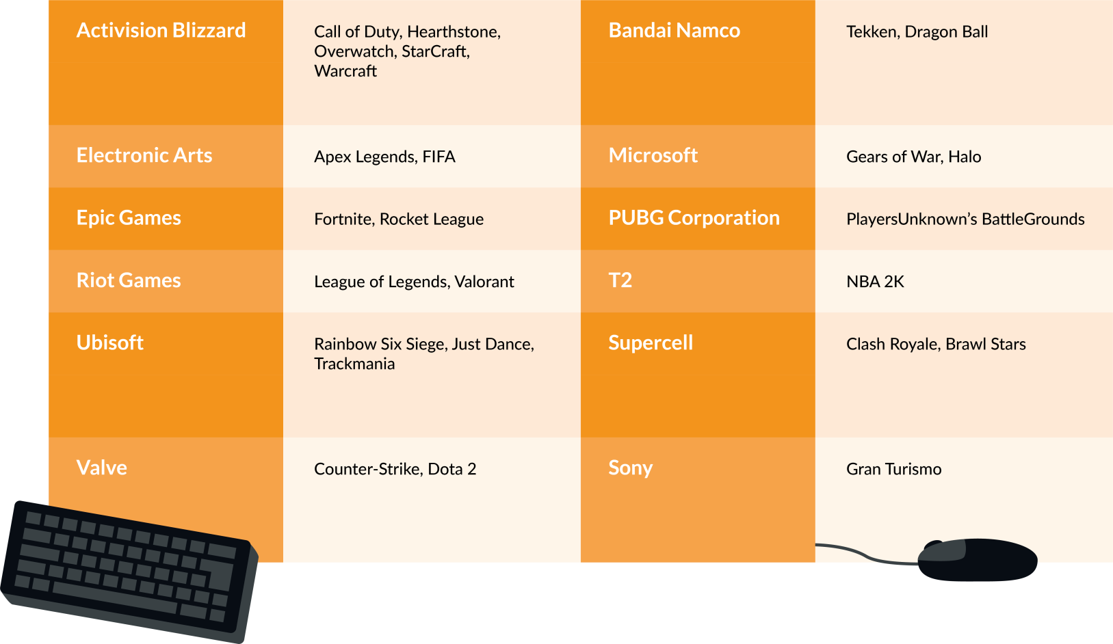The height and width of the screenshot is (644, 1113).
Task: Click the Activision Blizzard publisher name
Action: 161,30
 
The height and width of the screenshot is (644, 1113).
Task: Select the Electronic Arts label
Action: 144,155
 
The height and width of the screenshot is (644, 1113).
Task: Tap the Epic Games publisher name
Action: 129,219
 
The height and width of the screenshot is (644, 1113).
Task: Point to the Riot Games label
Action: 129,280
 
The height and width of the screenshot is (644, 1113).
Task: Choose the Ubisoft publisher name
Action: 110,343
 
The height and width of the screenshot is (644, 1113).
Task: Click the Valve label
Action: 102,468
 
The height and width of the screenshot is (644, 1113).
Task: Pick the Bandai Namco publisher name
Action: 675,30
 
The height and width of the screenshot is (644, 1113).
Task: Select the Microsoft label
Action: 653,155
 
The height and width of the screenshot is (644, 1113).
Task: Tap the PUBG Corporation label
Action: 694,219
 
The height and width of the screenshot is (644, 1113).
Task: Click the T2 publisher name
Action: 620,280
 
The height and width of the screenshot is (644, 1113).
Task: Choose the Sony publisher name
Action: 631,468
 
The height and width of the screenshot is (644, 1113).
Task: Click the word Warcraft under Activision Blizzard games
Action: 345,71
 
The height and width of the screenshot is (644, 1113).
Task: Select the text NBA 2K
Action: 875,282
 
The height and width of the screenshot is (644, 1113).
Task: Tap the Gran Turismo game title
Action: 894,469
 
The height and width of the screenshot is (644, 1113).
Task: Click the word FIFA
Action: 438,157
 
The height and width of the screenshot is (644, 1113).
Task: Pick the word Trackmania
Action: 354,364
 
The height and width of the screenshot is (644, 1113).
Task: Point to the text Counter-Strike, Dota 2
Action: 395,469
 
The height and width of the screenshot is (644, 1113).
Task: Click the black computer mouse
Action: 977,560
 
